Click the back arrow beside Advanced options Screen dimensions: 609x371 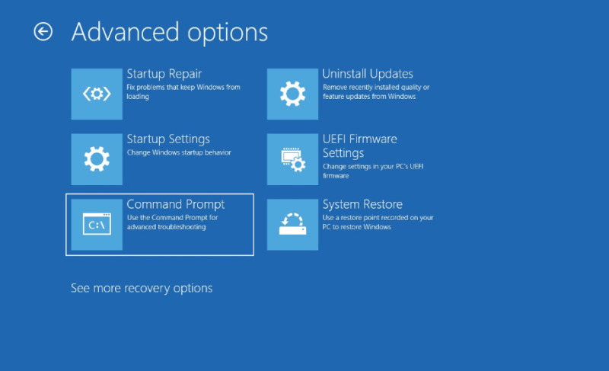click(x=43, y=31)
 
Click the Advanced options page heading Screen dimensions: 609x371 click(x=170, y=32)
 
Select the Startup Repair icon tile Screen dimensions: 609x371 click(x=97, y=94)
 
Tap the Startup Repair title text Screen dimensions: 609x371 click(x=164, y=74)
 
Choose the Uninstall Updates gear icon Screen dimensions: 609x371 click(x=292, y=94)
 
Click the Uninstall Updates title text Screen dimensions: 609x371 click(x=368, y=74)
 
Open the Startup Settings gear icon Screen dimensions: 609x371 click(x=97, y=159)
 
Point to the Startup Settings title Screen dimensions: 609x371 click(x=168, y=139)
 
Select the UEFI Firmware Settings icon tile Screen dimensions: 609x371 click(x=292, y=159)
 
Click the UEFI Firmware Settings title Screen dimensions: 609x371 click(x=359, y=146)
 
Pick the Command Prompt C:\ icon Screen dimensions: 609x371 click(x=97, y=225)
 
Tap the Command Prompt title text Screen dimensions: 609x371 click(x=176, y=204)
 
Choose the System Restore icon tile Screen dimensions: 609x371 click(x=292, y=225)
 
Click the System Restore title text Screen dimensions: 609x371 click(x=362, y=204)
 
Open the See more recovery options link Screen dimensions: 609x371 click(x=142, y=288)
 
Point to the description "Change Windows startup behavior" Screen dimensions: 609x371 click(x=179, y=152)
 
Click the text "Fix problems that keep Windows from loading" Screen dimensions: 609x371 click(x=183, y=91)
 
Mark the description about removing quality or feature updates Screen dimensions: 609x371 click(x=376, y=91)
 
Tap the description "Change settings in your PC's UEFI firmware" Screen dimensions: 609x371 click(x=373, y=171)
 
